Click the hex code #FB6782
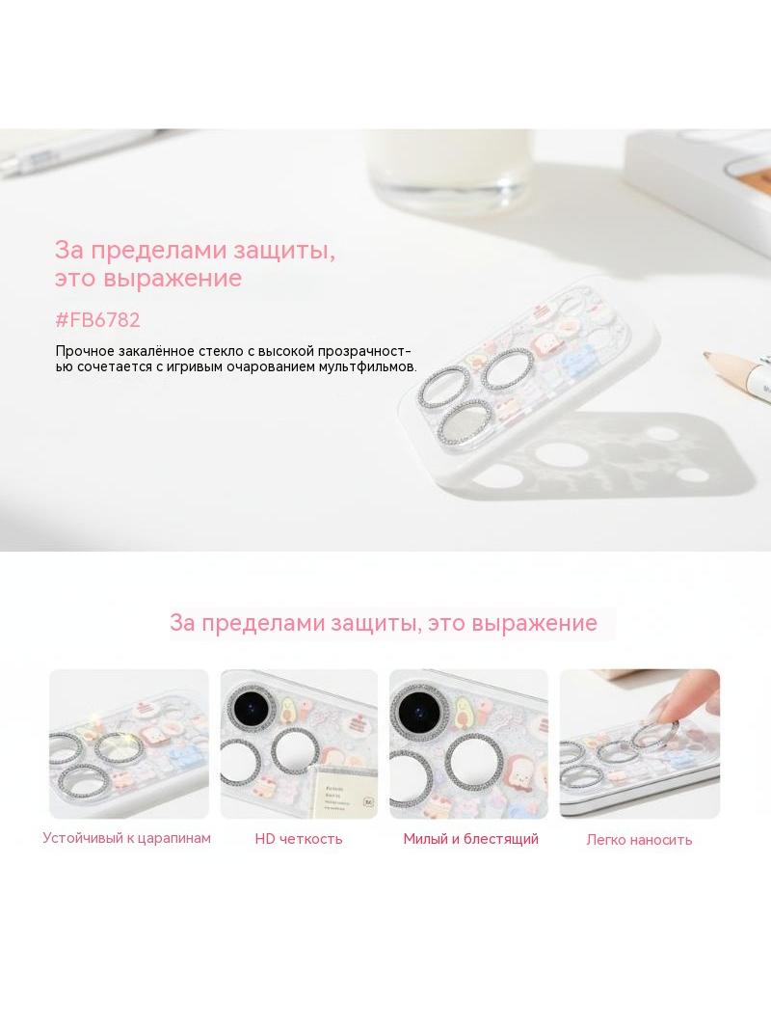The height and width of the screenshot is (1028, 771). pyautogui.click(x=97, y=320)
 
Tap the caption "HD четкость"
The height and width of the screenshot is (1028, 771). pyautogui.click(x=299, y=839)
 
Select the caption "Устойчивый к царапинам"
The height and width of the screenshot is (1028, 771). pyautogui.click(x=126, y=838)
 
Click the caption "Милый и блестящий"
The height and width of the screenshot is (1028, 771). pyautogui.click(x=470, y=839)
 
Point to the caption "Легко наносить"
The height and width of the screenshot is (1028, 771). pyautogui.click(x=639, y=839)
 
